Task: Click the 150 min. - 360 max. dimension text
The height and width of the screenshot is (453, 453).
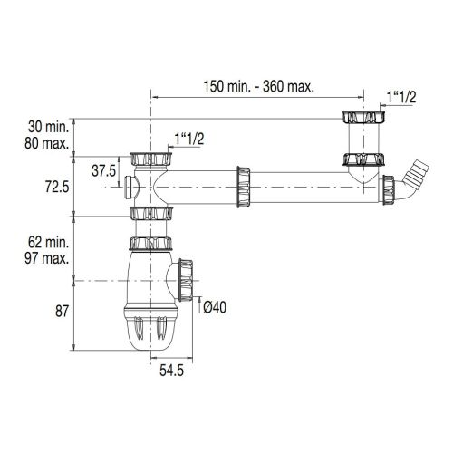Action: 258,85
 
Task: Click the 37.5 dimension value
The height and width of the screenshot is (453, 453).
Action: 105,169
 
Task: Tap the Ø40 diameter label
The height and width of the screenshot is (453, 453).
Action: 216,307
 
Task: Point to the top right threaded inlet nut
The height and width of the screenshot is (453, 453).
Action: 361,118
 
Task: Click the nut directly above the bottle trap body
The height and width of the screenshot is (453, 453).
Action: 150,244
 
